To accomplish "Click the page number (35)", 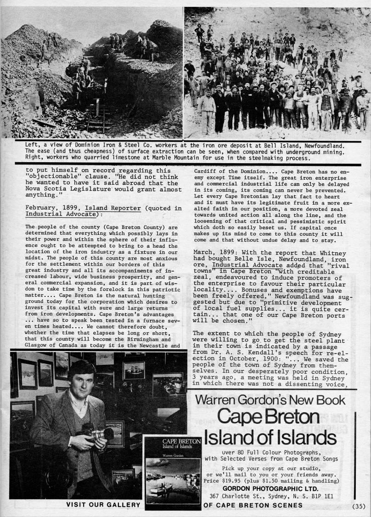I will (359, 506).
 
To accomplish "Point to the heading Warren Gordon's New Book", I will (270, 400).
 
